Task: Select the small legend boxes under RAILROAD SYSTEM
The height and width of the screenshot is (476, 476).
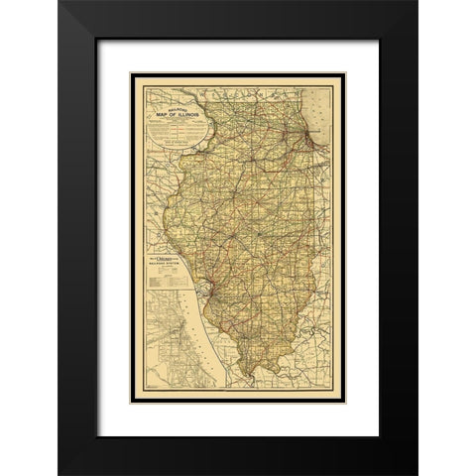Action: click(x=159, y=282)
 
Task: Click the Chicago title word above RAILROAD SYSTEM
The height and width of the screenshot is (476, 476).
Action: click(x=169, y=259)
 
